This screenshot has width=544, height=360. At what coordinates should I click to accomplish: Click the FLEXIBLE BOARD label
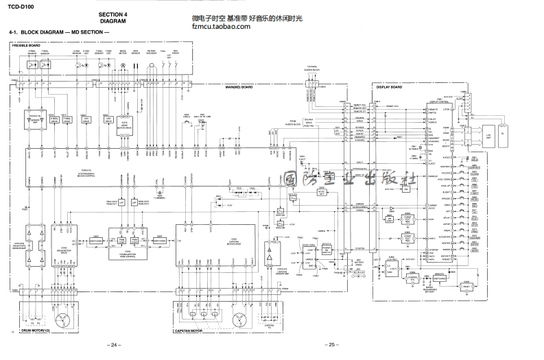(x=25, y=45)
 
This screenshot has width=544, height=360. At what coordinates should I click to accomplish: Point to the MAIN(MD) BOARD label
(x=239, y=87)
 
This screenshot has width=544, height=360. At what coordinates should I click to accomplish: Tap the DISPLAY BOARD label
(x=390, y=87)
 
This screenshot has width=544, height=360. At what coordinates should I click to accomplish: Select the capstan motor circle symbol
(x=239, y=320)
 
